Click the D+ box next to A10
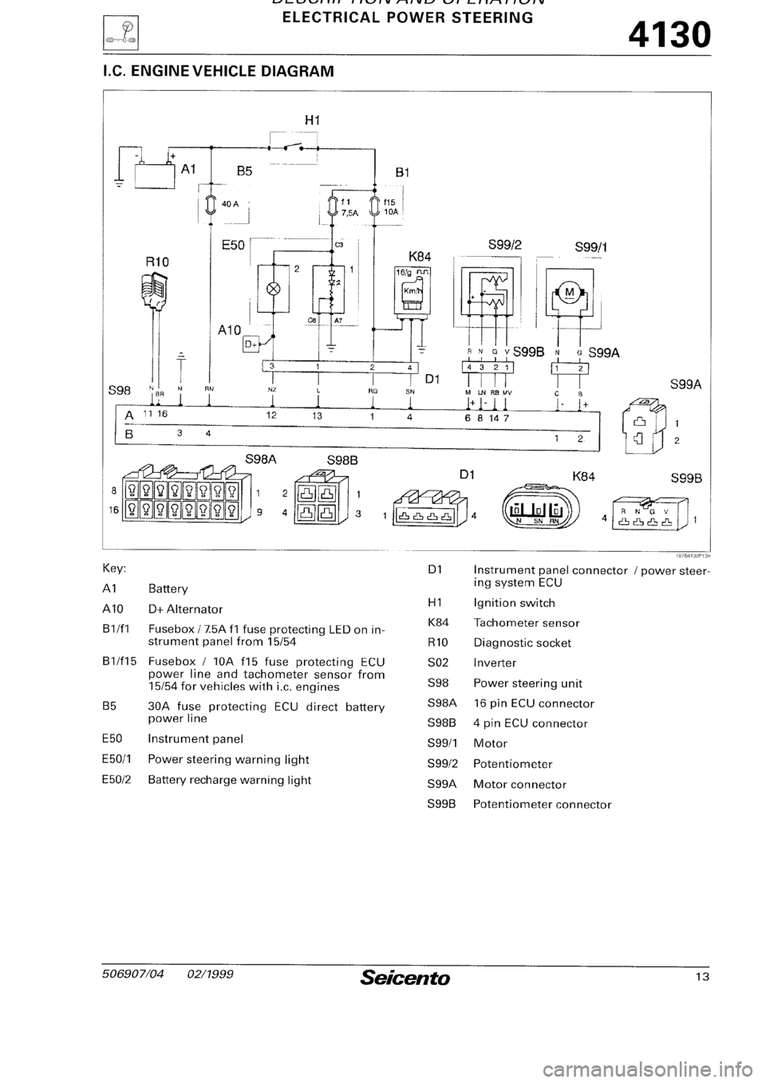point(251,345)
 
